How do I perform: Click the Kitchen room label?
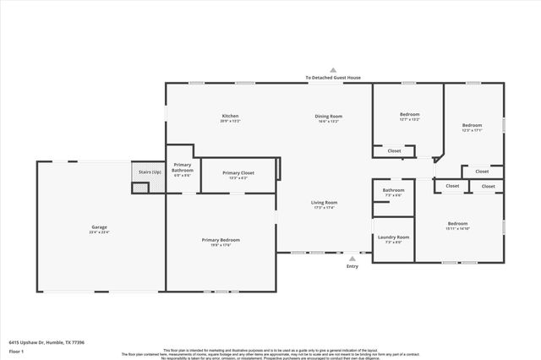[x=230, y=116]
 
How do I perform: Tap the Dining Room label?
[x=328, y=116]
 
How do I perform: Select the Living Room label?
[x=325, y=203]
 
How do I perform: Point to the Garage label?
[x=99, y=227]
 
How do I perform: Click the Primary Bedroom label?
[x=221, y=240]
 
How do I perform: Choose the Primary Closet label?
[x=238, y=172]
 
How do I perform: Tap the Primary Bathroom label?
[x=183, y=168]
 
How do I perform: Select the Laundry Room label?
[x=393, y=237]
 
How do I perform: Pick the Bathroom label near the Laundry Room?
[x=393, y=190]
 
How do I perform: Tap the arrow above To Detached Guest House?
[x=333, y=70]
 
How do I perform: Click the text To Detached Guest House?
[x=333, y=78]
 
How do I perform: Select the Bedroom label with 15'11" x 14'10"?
[x=462, y=224]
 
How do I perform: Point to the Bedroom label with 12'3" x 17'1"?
[x=471, y=125]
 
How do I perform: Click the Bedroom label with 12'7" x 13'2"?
[x=409, y=114]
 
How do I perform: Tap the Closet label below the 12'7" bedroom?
[x=394, y=151]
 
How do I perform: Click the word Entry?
[x=352, y=267]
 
